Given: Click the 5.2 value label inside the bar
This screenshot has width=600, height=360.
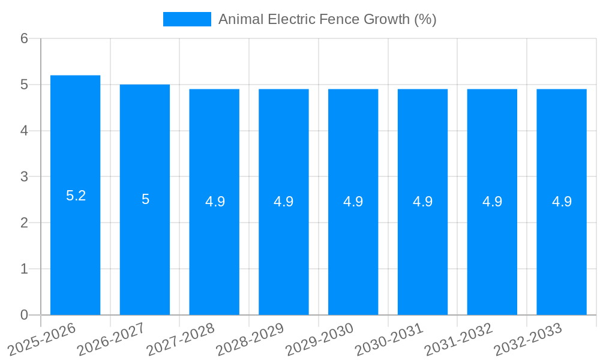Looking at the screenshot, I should point(76,196).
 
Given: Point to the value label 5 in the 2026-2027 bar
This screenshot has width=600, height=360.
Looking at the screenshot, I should point(145,199).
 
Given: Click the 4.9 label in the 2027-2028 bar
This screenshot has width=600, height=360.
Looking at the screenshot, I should point(215,202).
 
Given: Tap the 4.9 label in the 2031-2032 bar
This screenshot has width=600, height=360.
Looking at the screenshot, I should point(492,202).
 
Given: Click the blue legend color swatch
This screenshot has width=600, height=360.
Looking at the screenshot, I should point(187,19).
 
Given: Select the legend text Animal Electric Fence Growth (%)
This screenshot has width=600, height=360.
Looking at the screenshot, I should point(327,19).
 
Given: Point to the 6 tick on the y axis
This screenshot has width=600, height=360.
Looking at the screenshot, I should point(24,38).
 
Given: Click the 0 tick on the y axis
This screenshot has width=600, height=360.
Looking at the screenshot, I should point(24,315).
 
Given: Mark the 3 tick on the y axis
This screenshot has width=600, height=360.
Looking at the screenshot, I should point(24,177).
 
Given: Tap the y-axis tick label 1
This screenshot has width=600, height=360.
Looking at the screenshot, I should point(24,269).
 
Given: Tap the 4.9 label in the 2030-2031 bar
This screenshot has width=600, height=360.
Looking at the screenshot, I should point(422,202).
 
